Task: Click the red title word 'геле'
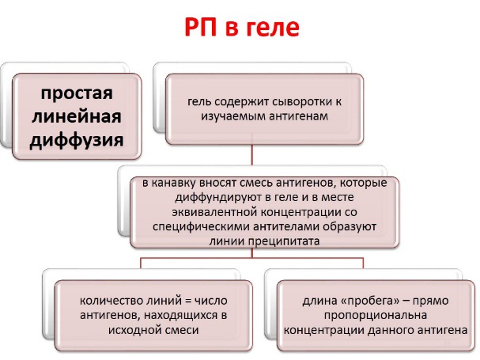coord(273,28)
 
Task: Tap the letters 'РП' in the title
coord(201,27)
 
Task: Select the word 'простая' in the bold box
coord(77,93)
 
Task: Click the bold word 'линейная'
coord(77,117)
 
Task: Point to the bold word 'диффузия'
coord(77,140)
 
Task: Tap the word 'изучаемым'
coord(232,116)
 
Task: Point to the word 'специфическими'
coord(201,227)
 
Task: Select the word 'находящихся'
coord(180,315)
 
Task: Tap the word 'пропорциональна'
coord(376,316)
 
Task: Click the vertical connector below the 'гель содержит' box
coord(252,154)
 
